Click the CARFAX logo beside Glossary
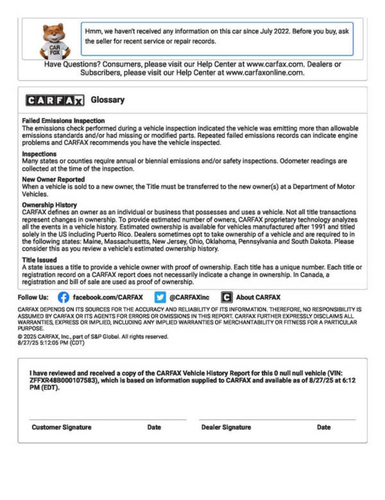55,101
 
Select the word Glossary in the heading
108,100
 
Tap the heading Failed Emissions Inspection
64,121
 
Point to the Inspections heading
39,154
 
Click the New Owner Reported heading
53,179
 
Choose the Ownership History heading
49,204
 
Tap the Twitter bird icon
160,297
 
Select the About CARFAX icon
227,297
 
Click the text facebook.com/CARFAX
108,297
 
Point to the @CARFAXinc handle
190,297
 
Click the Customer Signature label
62,427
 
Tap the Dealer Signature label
226,427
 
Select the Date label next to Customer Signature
154,427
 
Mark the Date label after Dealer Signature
323,427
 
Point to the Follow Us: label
33,297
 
